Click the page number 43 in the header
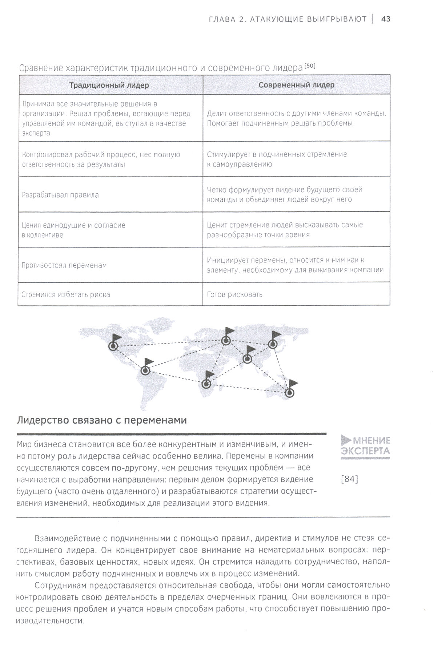[x=385, y=19]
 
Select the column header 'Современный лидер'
[x=296, y=85]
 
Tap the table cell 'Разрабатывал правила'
[x=60, y=195]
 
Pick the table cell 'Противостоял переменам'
[x=64, y=265]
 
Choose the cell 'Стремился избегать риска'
[x=66, y=294]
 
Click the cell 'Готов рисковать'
[x=235, y=294]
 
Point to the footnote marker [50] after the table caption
[x=310, y=66]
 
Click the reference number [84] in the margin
[x=350, y=479]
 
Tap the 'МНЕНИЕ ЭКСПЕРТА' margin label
[x=365, y=446]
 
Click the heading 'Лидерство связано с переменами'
[x=102, y=420]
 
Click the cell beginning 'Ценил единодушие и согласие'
[x=73, y=230]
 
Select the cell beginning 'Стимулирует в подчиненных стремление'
[x=277, y=159]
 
